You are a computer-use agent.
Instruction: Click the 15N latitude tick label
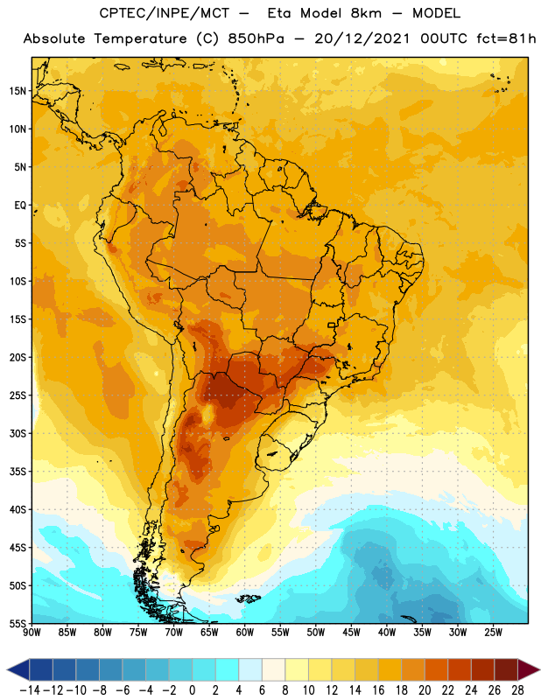coord(18,91)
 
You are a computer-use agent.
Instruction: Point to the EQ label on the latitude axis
coord(20,206)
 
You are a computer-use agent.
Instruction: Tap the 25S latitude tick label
coord(18,395)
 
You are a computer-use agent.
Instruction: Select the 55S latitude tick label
coord(18,623)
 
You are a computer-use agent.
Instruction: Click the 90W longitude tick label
coord(32,632)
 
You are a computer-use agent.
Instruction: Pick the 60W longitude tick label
coord(245,632)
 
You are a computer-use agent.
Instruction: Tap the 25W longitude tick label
coord(493,632)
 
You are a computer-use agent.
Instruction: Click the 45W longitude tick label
coord(351,632)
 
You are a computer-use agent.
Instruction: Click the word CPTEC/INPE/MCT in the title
coord(164,13)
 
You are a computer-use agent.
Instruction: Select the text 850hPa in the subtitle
coord(256,38)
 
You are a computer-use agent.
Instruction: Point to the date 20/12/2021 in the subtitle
coord(362,38)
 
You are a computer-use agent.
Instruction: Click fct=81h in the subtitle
coord(506,38)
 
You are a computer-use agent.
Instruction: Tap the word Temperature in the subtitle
coord(140,38)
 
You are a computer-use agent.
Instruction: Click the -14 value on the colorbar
coord(30,690)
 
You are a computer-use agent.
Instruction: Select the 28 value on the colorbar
coord(517,690)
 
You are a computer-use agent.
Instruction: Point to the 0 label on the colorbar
coord(192,690)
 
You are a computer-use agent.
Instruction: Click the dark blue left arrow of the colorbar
coord(18,669)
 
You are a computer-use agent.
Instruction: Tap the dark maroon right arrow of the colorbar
coord(529,669)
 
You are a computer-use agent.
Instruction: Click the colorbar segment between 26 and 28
coord(506,669)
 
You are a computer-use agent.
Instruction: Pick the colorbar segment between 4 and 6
coord(250,669)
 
